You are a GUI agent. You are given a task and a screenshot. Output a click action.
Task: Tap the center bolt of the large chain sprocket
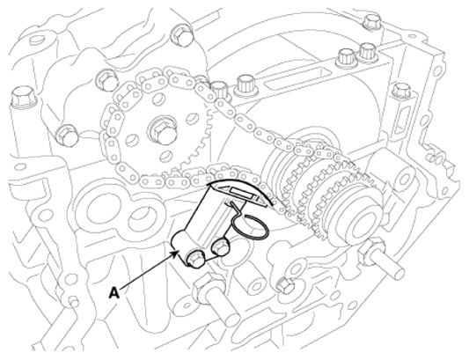[162, 132]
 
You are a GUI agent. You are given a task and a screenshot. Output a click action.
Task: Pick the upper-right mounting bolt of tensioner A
[220, 246]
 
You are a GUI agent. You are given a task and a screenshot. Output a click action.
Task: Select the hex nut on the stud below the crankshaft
[372, 251]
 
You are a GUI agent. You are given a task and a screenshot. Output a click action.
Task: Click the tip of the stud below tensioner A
[232, 318]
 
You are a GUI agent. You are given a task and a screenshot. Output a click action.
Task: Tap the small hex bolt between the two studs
[284, 285]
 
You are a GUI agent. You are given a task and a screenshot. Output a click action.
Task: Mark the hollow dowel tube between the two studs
[253, 283]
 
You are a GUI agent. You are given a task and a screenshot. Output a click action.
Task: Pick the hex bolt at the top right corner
[371, 22]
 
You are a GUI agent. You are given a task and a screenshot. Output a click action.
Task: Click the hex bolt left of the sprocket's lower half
[67, 136]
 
